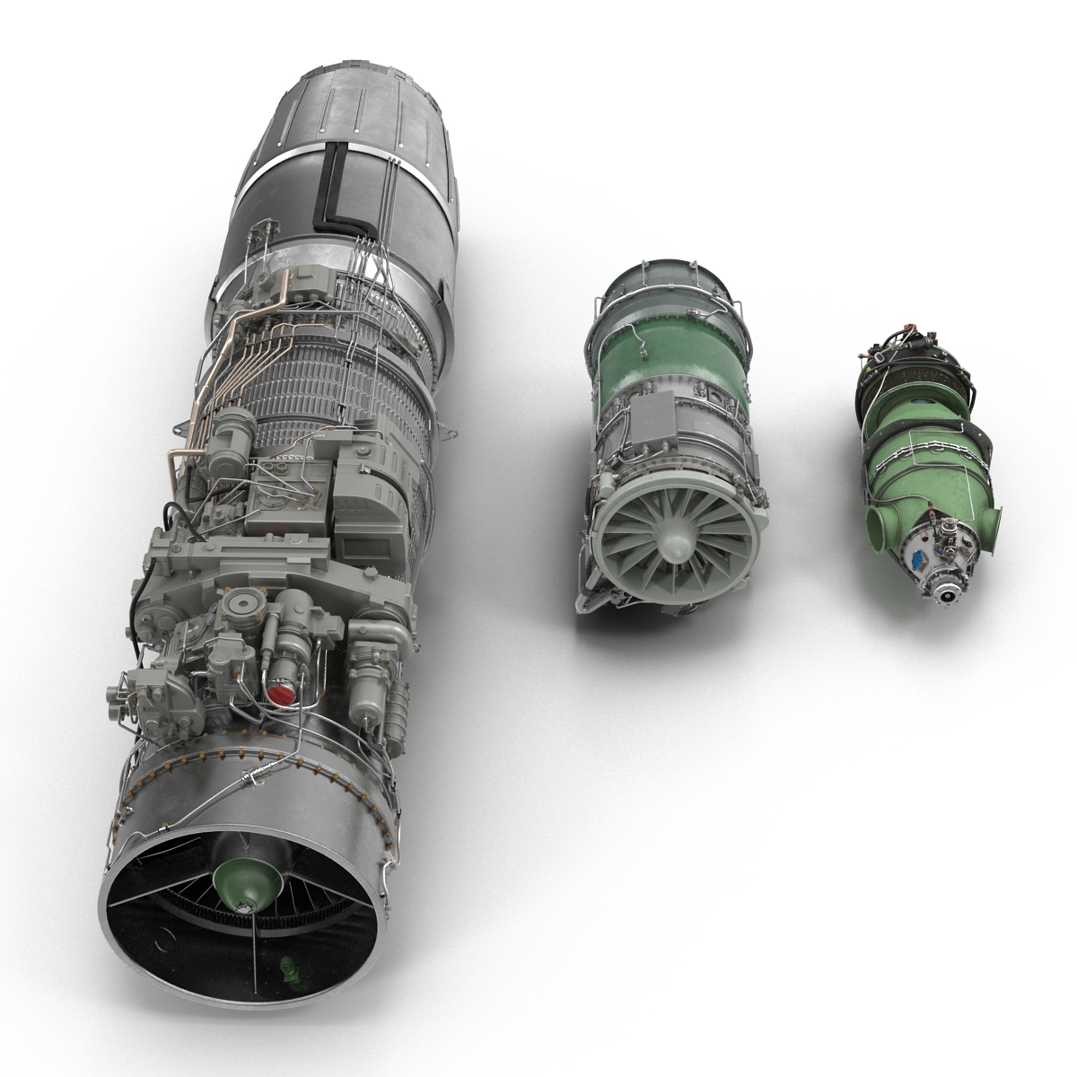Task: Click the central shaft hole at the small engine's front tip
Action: (x=943, y=593)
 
